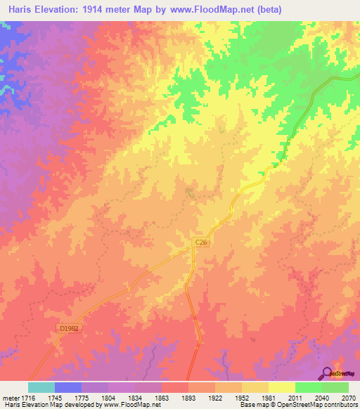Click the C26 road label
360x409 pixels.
pos(201,242)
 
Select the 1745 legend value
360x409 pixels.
pos(69,398)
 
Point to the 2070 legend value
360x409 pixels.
pos(349,398)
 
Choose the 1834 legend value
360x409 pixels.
pos(149,398)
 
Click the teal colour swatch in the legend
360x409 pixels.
pos(41,387)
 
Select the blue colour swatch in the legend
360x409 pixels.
pos(68,387)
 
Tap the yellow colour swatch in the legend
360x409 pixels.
pos(282,387)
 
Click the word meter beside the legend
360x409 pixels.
pos(11,398)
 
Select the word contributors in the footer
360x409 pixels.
pos(340,405)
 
